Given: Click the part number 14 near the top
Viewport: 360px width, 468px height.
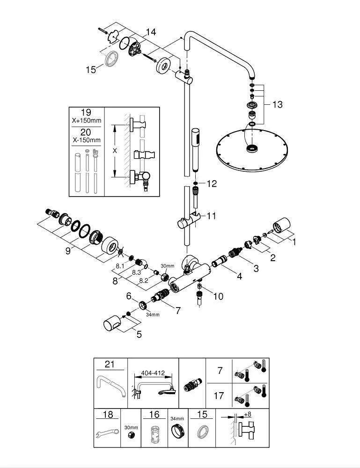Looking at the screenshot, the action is coord(151,32).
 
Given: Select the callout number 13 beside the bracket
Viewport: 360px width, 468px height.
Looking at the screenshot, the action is coord(277,104).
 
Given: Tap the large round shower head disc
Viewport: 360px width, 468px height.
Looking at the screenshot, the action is coord(252,151).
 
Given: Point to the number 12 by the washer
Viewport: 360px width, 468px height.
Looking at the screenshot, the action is coord(211,183).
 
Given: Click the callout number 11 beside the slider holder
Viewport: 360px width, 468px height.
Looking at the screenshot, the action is coord(211,216).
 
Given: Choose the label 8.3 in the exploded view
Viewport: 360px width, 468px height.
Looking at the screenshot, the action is coord(136,272).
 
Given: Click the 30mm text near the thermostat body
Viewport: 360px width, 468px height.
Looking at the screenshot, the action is coord(167,266).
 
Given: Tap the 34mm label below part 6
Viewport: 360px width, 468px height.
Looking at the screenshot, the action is coord(153,314).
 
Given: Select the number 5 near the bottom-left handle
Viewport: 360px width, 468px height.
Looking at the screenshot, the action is coord(139,334).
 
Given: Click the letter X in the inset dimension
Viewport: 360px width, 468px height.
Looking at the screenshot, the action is coord(115,151).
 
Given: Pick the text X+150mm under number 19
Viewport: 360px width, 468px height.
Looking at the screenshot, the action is coord(87,121).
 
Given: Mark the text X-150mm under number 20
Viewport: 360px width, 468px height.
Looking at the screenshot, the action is coord(87,140).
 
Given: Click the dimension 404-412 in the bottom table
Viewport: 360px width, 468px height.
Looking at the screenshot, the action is coord(153,373).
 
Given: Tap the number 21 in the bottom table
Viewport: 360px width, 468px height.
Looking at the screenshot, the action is coord(110,364).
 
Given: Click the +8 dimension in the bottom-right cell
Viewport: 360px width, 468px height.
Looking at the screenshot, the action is coord(248,414).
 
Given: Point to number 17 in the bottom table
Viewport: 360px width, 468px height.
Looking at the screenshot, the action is coord(219,396).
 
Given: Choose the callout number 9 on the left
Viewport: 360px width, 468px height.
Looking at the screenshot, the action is coord(68,251).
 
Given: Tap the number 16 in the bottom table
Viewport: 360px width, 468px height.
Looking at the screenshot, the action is coord(154,414).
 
